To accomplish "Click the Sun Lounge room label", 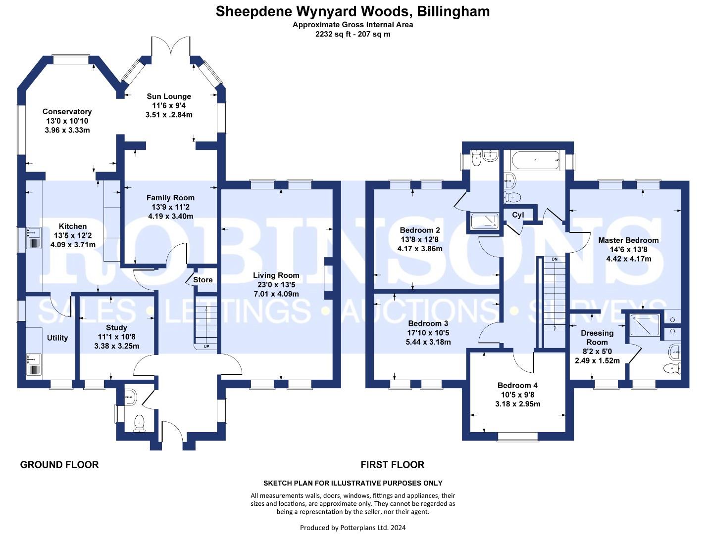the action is click(169, 96).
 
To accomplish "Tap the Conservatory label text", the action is click(67, 111).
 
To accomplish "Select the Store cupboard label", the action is click(203, 280).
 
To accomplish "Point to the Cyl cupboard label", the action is click(518, 215).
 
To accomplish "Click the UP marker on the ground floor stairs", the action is click(206, 347).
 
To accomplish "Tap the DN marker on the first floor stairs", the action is click(555, 259).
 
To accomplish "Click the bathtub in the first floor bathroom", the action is click(535, 160).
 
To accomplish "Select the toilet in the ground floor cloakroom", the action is click(139, 423).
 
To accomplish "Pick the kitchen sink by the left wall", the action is click(34, 238).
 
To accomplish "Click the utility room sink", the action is click(34, 364).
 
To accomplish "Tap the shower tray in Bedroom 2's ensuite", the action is click(484, 221).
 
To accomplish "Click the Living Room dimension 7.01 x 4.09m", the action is click(276, 294).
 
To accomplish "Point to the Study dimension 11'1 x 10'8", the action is click(116, 337).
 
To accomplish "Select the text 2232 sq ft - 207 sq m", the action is click(353, 34).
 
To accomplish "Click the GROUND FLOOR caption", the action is click(59, 465).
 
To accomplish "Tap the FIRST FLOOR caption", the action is click(393, 465).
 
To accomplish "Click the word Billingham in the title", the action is click(454, 11).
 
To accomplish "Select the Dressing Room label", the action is click(597, 338).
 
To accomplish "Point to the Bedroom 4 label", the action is click(517, 385).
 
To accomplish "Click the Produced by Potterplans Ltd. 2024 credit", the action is click(353, 528).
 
